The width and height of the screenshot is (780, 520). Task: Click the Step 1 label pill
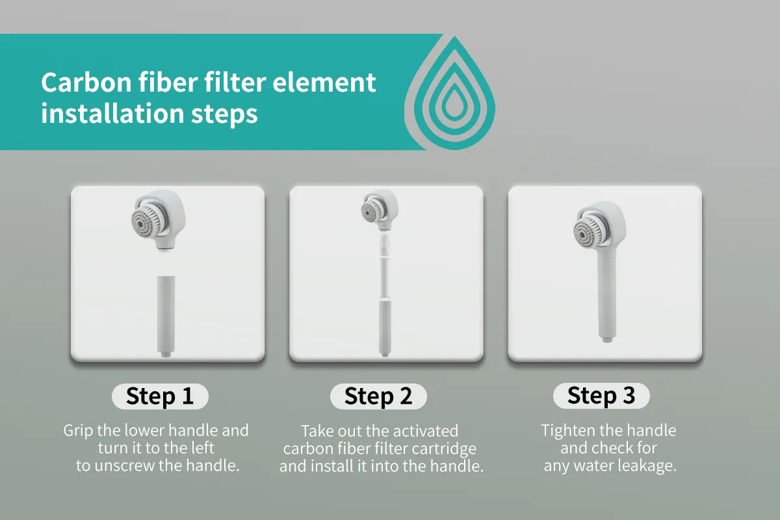click(160, 396)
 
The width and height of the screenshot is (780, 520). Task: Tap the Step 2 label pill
click(378, 396)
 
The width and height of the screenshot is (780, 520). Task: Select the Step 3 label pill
click(601, 395)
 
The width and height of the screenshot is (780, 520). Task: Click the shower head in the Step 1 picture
click(159, 220)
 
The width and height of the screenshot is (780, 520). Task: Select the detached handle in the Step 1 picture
click(166, 317)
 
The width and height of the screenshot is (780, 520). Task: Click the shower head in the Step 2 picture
click(380, 210)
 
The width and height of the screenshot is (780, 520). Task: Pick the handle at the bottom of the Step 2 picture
click(385, 328)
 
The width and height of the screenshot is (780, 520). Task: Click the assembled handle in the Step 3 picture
click(607, 298)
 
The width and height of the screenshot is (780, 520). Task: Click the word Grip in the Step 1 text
click(79, 431)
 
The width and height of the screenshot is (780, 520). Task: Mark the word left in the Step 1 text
click(201, 448)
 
